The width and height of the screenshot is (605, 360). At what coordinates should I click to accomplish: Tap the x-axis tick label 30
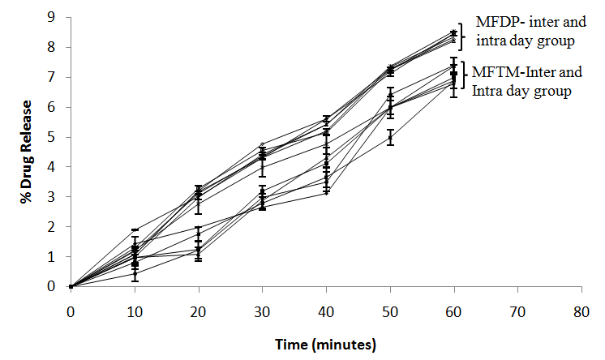(x=262, y=310)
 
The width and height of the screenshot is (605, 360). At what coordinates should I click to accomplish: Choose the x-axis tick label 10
(x=135, y=310)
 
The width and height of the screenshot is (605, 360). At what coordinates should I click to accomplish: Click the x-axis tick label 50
(x=390, y=310)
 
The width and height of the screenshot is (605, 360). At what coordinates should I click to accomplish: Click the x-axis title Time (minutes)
(x=325, y=345)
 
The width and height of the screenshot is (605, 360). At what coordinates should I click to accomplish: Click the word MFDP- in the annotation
(x=497, y=22)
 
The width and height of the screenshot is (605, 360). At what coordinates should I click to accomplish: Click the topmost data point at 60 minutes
(x=453, y=33)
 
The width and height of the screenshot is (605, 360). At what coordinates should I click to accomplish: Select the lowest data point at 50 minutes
(x=390, y=137)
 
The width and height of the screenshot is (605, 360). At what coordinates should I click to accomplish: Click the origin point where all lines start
(x=71, y=286)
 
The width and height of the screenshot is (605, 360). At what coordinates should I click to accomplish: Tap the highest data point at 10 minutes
(x=135, y=230)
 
